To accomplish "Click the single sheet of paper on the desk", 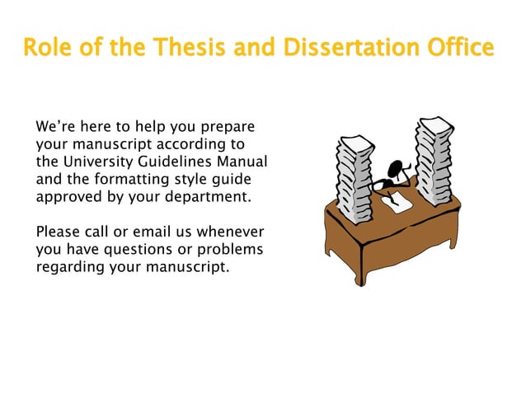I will click(400, 202).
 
